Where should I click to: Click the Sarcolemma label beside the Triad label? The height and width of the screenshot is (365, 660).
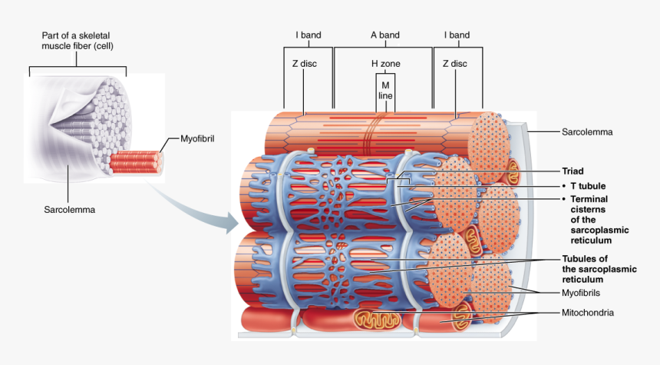587,132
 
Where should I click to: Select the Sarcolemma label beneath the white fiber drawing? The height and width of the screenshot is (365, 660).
69,208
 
